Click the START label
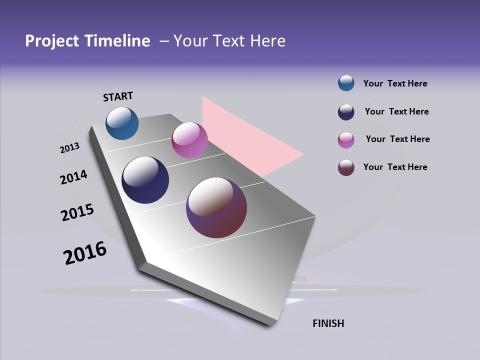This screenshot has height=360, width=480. pos(118,96)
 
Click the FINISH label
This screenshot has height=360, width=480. pos(328,323)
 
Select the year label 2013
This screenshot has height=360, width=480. pos(69,148)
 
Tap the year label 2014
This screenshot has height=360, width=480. pos(73,177)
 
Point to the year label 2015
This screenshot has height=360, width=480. pos(77,212)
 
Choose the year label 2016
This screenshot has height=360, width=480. pos(85,253)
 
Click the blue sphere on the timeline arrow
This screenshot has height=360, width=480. pos(122,123)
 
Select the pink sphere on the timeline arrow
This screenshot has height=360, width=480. pos(189,140)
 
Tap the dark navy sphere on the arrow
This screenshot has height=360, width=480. pos(145,180)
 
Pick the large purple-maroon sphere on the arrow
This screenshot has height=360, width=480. pos(216,207)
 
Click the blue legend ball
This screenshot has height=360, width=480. pos(346,83)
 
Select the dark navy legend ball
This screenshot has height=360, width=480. pos(346,112)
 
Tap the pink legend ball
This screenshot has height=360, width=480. pos(346,140)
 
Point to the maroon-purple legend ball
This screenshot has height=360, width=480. pos(346,167)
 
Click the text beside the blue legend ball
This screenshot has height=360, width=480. pos(395,83)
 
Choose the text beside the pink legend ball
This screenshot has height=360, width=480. pos(397,139)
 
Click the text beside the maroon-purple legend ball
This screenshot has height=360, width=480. pos(395,167)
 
